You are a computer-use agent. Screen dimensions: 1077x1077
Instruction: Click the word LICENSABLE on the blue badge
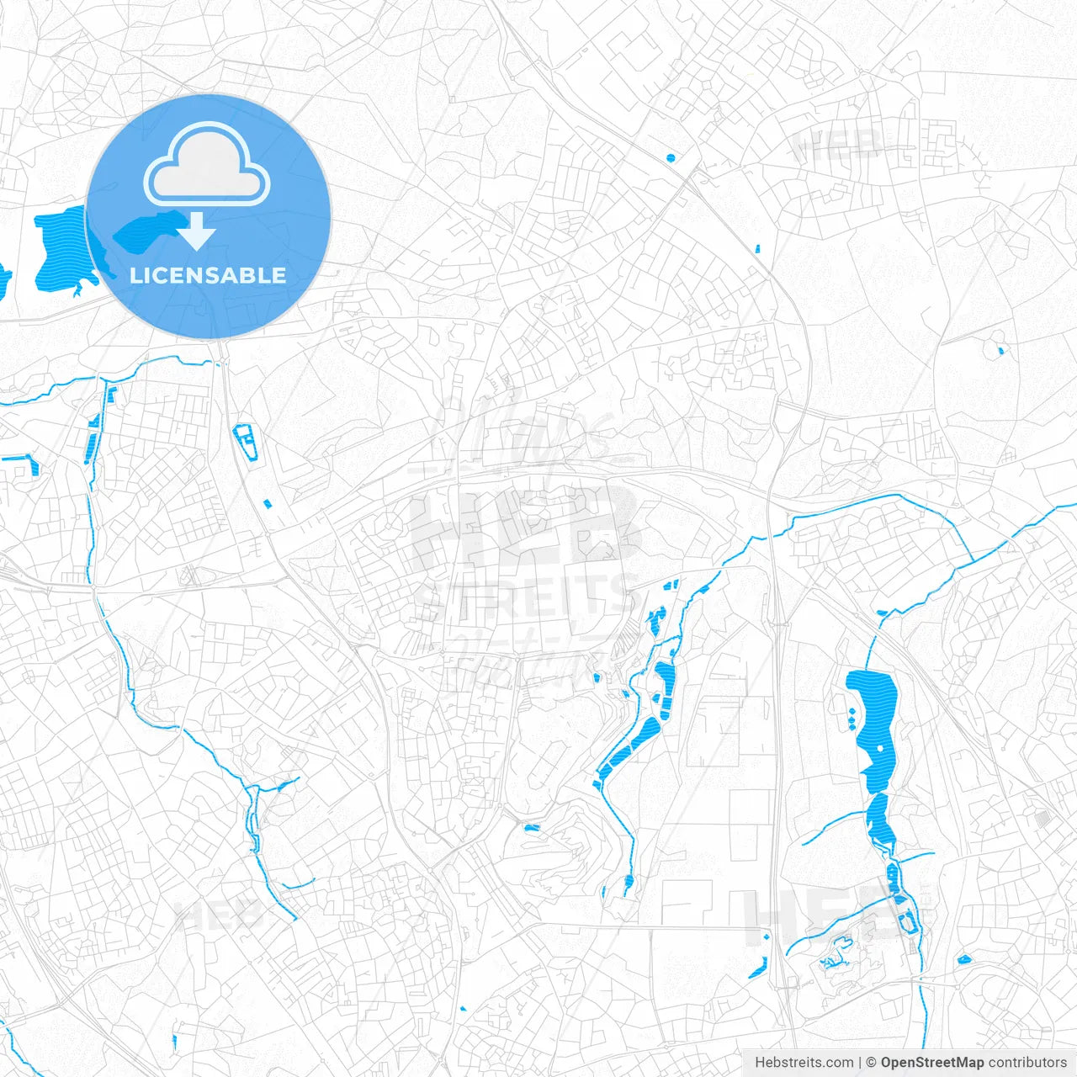[x=208, y=275]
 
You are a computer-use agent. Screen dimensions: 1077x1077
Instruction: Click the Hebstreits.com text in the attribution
[x=804, y=1063]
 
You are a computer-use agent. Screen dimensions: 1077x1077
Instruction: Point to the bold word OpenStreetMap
[x=932, y=1063]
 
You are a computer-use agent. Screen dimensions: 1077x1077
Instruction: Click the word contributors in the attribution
[x=1027, y=1063]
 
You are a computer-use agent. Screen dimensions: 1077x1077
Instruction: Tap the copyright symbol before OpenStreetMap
[x=872, y=1063]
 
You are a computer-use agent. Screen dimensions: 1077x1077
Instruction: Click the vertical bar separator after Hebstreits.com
[x=860, y=1063]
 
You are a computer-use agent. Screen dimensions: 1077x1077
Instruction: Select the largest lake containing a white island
[x=875, y=724]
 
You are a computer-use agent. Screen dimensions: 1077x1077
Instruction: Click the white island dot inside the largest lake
[x=881, y=747]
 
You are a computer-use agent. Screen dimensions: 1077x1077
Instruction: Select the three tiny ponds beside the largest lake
[x=851, y=719]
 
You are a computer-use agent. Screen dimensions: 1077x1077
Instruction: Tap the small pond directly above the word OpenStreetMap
[x=963, y=958]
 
